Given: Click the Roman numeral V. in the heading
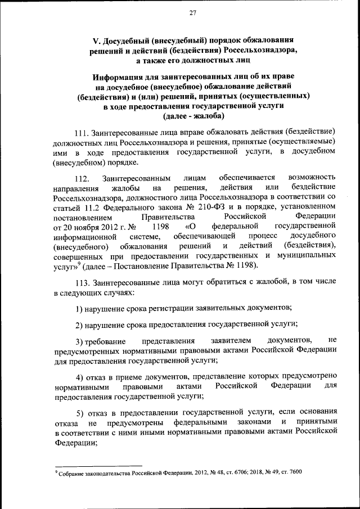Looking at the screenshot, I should coord(96,40).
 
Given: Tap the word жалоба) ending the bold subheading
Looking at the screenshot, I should coord(210,116).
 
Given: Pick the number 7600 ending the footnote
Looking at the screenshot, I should coord(295,472).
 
